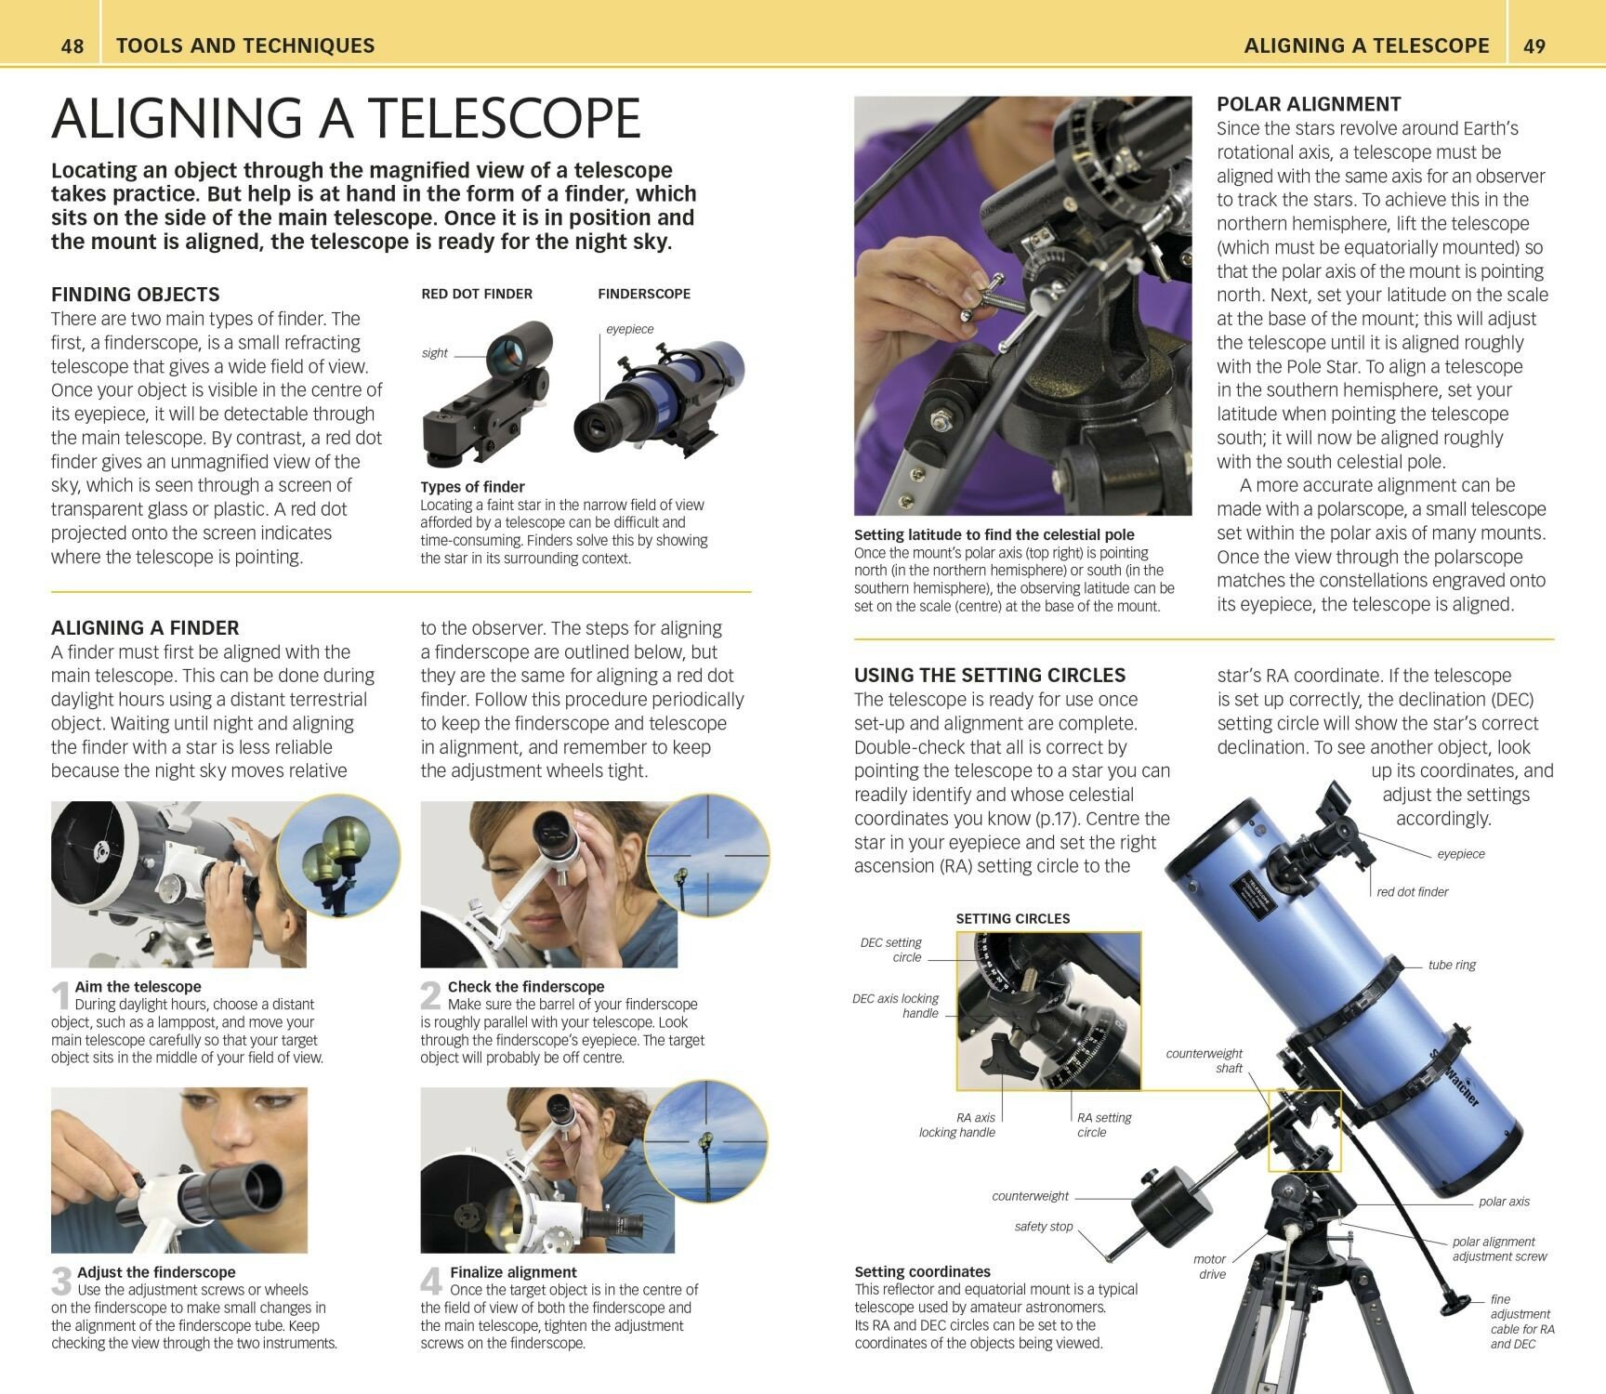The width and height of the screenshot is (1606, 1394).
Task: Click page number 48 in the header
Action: (72, 46)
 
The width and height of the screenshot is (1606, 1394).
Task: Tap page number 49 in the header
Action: (1534, 46)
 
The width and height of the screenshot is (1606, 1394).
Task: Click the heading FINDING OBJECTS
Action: (136, 295)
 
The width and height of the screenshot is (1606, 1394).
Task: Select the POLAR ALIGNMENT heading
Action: (1309, 104)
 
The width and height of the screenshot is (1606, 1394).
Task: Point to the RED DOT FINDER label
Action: (477, 294)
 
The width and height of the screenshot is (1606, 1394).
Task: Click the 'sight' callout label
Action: (434, 353)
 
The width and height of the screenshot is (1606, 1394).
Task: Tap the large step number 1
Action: (60, 996)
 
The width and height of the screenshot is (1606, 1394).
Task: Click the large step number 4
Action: (430, 1282)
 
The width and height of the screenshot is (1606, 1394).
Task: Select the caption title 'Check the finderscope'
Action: (526, 987)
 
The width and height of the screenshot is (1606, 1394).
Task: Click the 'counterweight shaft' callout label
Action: (1204, 1060)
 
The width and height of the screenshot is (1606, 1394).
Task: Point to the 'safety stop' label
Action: (1044, 1227)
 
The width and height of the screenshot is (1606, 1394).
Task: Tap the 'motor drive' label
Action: (1210, 1267)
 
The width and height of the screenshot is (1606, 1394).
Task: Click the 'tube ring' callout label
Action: (1452, 965)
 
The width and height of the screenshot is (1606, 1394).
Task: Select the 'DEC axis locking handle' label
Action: (896, 1006)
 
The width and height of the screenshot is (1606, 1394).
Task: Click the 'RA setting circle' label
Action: (1104, 1124)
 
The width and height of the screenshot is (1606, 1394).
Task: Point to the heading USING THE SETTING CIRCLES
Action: (990, 676)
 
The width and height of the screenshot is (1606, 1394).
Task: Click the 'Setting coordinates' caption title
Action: (922, 1271)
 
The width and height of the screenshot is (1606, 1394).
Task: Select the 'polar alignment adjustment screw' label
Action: (1499, 1248)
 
